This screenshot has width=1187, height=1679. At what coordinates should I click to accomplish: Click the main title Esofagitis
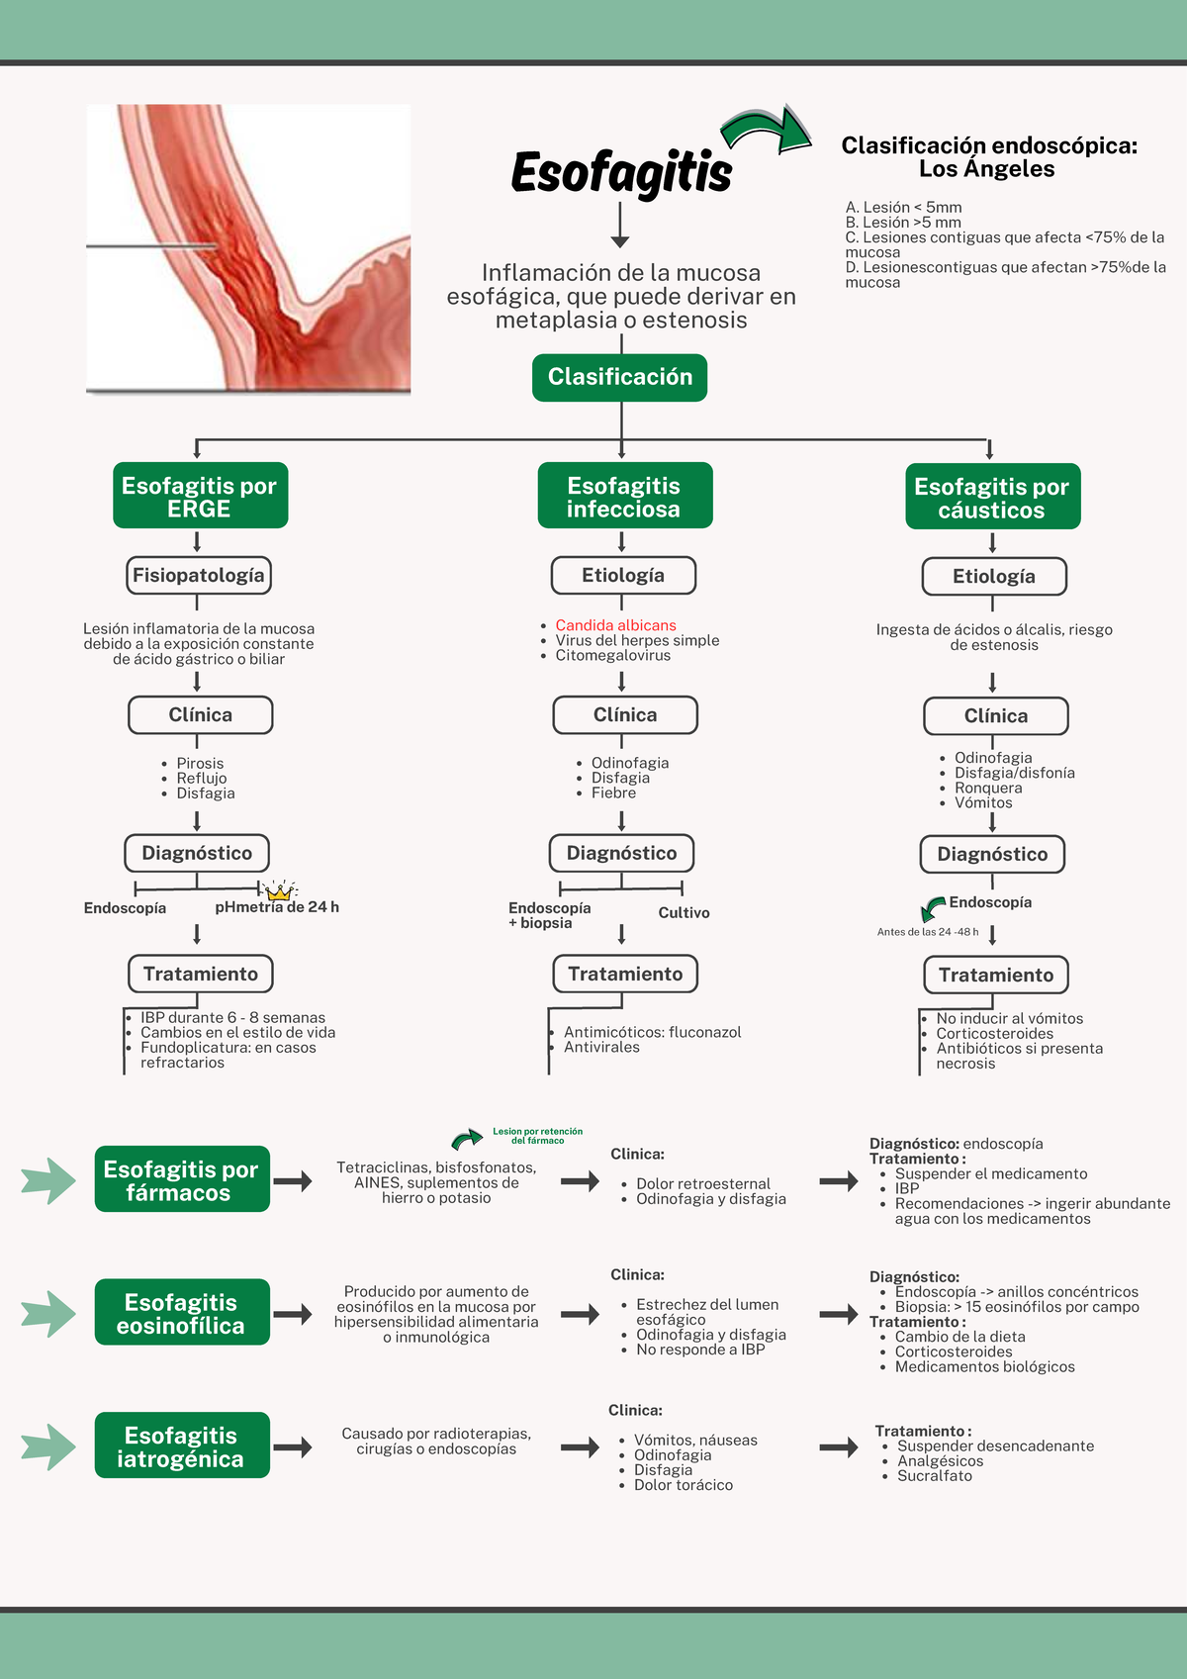(x=621, y=172)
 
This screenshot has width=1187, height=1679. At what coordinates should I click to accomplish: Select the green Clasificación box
(x=619, y=377)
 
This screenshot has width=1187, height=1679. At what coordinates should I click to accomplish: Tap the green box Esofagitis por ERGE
(x=200, y=496)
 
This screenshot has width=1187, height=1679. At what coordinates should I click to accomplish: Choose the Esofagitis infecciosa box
(x=624, y=496)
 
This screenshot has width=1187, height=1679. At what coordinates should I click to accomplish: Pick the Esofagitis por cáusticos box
(x=992, y=497)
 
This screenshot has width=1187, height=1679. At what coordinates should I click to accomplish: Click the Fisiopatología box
(x=199, y=575)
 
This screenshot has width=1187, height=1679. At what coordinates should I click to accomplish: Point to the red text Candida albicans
(x=615, y=625)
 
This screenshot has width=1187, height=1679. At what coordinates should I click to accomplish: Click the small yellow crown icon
(x=280, y=890)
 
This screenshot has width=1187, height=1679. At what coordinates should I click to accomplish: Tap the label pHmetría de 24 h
(x=277, y=907)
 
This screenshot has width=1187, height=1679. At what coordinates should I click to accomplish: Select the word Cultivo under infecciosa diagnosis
(x=684, y=912)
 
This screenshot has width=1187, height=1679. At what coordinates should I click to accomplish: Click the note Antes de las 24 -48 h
(x=927, y=932)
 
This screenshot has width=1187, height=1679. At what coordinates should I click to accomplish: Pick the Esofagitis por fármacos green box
(x=182, y=1179)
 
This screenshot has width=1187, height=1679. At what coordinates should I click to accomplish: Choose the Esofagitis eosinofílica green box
(x=182, y=1313)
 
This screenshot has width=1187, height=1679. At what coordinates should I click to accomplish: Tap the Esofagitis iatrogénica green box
(x=182, y=1446)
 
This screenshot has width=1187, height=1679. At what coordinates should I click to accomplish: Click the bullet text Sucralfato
(x=934, y=1476)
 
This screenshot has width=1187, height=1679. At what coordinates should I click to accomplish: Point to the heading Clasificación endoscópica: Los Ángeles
(x=988, y=157)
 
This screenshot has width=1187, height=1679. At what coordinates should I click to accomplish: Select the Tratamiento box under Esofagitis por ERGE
(x=200, y=974)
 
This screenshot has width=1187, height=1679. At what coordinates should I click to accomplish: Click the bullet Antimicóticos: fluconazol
(x=652, y=1032)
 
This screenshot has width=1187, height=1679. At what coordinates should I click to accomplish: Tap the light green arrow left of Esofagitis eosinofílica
(x=48, y=1314)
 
